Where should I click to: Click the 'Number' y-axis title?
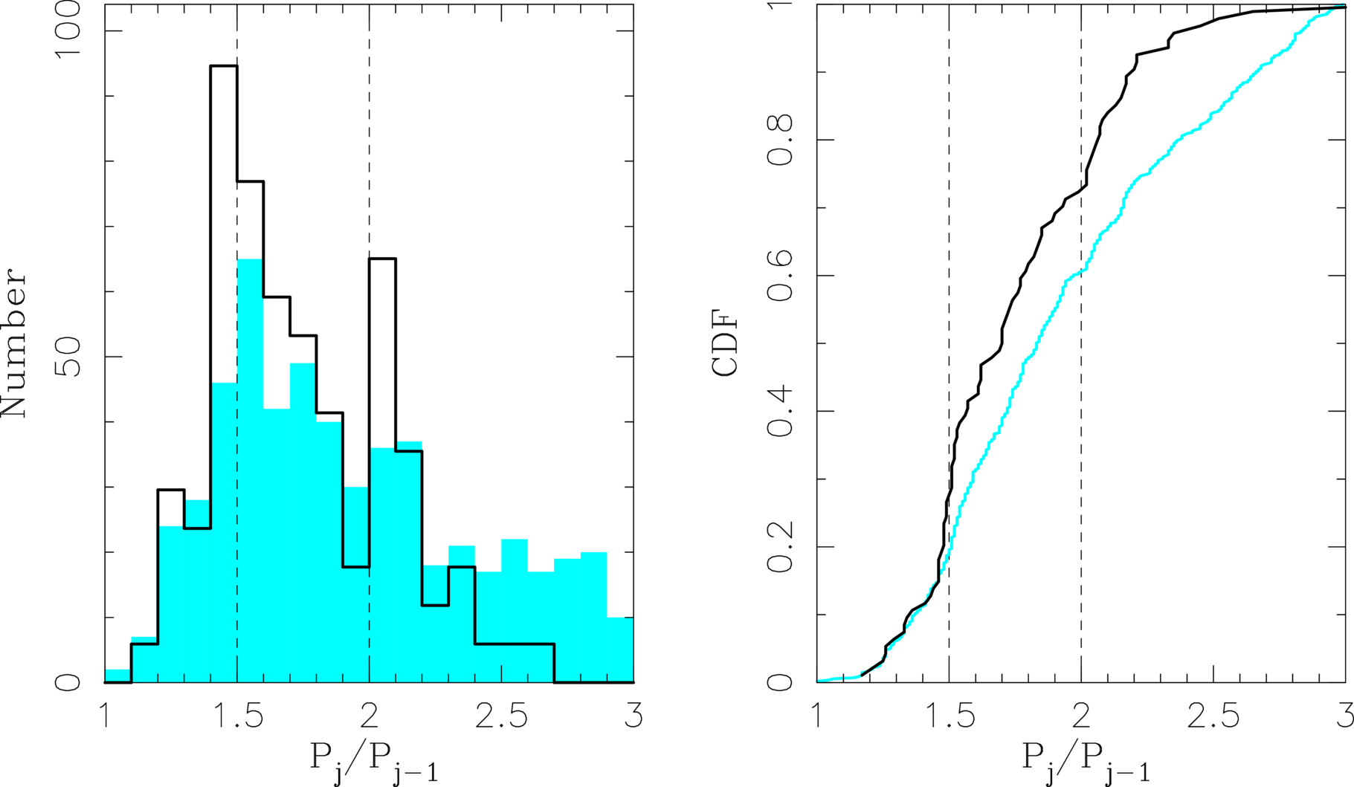[14, 343]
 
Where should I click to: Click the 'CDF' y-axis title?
[726, 344]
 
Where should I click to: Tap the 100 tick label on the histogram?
[68, 30]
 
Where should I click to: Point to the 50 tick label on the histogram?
[68, 357]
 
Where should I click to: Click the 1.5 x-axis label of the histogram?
[237, 716]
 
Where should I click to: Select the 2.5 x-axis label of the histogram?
[501, 716]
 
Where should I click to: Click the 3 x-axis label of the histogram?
[634, 716]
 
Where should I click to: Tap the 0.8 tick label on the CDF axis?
[780, 140]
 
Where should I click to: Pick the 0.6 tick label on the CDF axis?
[780, 276]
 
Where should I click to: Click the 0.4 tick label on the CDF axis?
[780, 411]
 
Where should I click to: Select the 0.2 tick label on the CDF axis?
[780, 547]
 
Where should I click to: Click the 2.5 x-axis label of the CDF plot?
[1213, 716]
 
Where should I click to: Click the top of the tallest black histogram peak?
[224, 66]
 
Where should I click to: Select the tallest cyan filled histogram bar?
[250, 470]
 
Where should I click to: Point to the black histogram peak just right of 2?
[382, 259]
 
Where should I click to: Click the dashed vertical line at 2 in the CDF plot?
[1081, 343]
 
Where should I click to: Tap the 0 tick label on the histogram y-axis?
[68, 681]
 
